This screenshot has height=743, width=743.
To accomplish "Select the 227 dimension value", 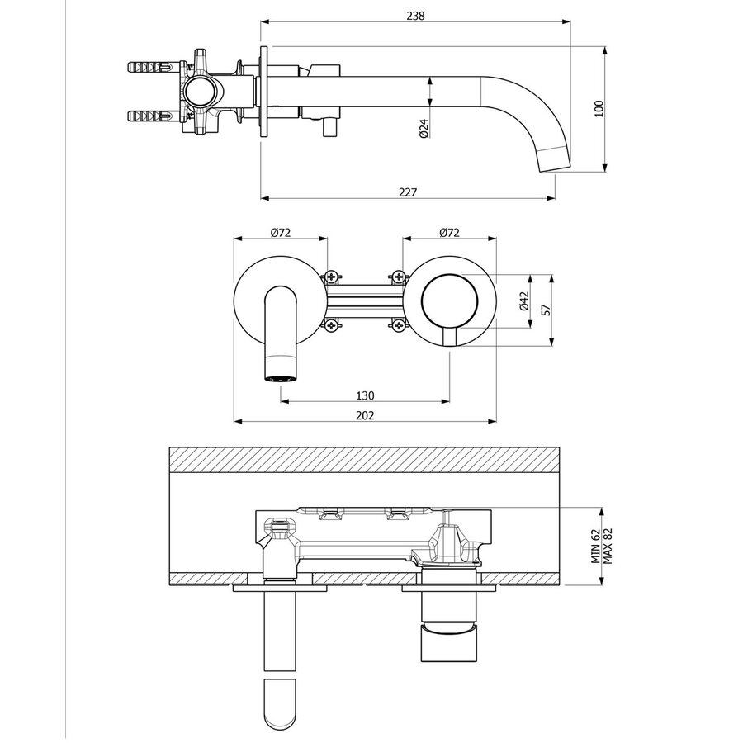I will pos(407,192).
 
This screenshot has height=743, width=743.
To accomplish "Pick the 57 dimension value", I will pos(544,310).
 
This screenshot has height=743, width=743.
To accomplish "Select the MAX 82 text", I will pos(608,547).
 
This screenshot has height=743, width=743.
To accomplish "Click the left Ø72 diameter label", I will pos(280,233).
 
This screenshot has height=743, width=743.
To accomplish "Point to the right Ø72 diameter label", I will pos(448,233).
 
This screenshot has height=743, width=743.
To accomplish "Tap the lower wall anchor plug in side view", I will pos(149,116).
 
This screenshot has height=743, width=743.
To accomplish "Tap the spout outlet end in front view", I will pos(282,377).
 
